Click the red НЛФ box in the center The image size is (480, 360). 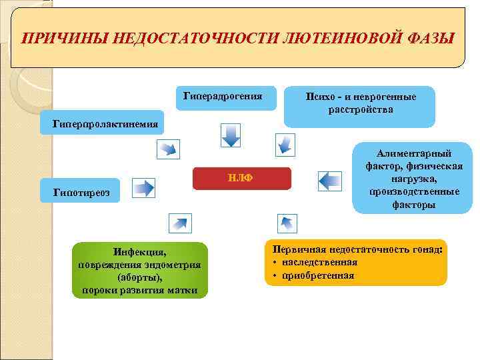[x=242, y=178]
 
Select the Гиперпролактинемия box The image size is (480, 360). [x=100, y=123]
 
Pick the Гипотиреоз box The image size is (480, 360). [x=77, y=193]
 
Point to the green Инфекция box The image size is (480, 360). [x=140, y=270]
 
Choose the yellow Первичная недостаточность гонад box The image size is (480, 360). [x=356, y=262]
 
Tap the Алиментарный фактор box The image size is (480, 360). [x=413, y=179]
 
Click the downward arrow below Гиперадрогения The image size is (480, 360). [x=230, y=135]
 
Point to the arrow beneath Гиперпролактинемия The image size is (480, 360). [x=169, y=148]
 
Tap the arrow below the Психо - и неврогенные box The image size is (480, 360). [x=285, y=144]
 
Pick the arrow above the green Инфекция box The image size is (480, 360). [x=179, y=223]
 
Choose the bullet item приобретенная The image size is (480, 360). [x=318, y=275]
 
